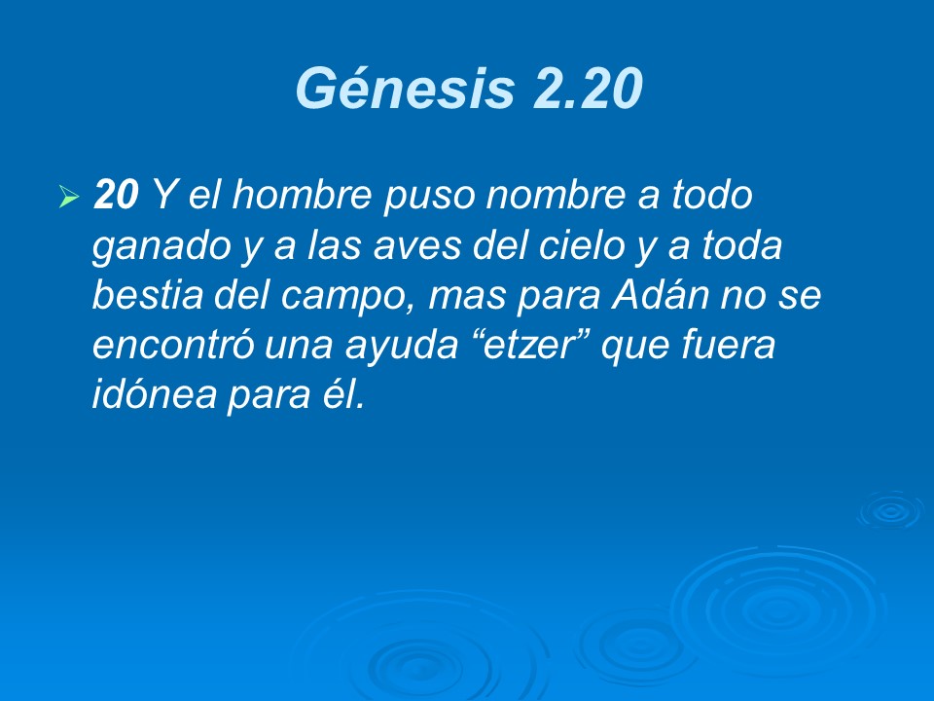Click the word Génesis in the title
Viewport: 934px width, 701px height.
pyautogui.click(x=405, y=90)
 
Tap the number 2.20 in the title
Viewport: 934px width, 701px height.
pyautogui.click(x=587, y=90)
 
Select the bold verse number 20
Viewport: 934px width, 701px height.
pyautogui.click(x=116, y=197)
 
